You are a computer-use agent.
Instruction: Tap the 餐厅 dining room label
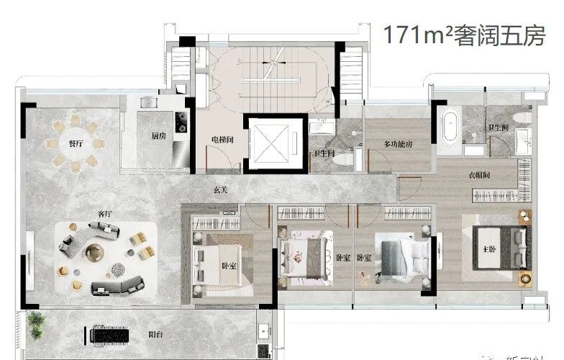76,144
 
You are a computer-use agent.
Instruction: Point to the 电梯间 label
220,139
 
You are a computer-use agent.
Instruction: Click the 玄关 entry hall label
222,190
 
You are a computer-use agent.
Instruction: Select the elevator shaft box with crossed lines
272,143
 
